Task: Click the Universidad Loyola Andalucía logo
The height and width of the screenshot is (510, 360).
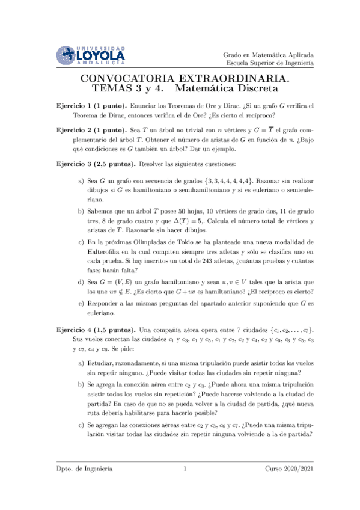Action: pos(90,55)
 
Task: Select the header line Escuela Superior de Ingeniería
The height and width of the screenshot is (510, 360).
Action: pos(270,63)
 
